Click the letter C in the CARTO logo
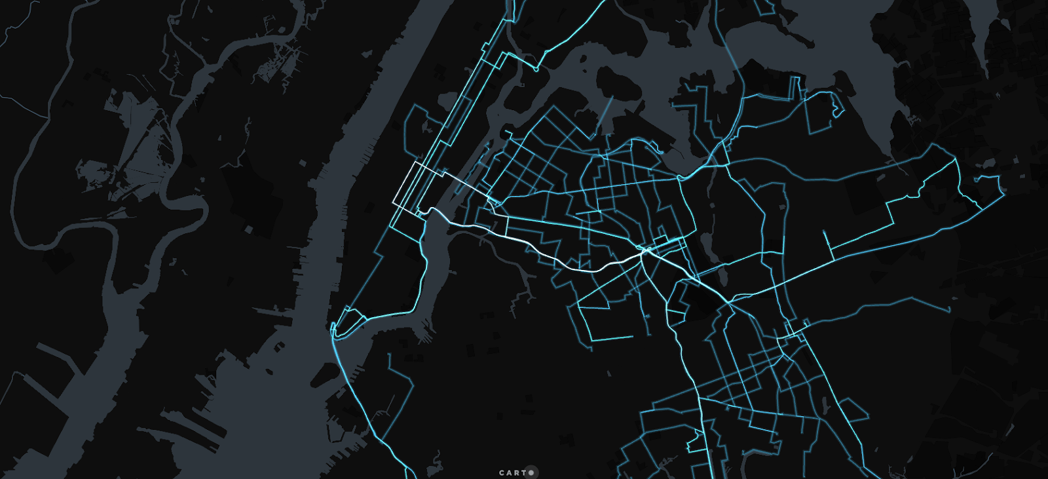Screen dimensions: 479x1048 coord(502,472)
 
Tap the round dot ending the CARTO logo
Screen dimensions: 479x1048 coord(531,472)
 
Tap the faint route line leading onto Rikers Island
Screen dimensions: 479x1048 coord(606,111)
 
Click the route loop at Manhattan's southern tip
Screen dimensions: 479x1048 coord(347,321)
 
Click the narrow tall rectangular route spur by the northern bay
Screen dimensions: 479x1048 coord(795,88)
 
